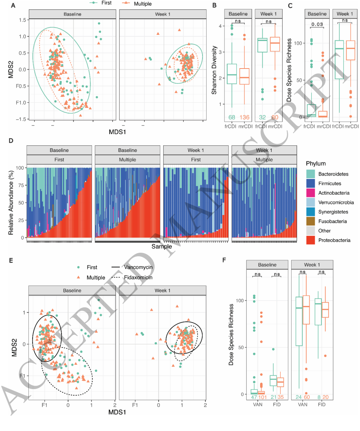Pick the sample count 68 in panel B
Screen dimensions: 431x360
[232, 118]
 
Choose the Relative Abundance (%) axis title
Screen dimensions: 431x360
[11, 203]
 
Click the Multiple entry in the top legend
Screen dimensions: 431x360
[132, 3]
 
